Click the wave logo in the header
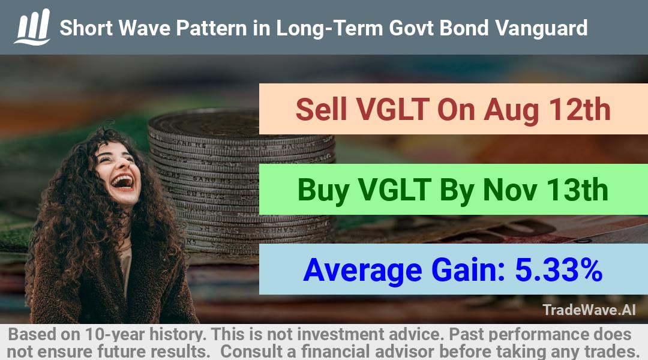point(32,27)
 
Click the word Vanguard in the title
point(541,29)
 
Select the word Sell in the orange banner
point(321,110)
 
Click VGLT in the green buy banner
point(394,190)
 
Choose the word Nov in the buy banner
point(510,190)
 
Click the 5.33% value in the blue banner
point(559,270)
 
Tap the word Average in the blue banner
point(362,271)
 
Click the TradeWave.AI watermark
point(589,310)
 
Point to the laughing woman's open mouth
point(123,182)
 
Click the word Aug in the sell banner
point(511,110)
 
